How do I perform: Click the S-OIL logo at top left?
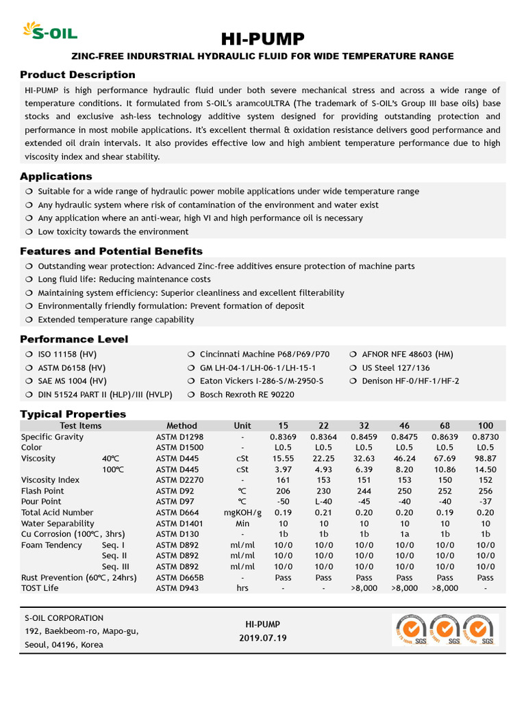coord(49,31)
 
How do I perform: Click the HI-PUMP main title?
coord(263,38)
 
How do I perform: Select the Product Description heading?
coord(77,75)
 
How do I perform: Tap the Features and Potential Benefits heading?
coord(111,251)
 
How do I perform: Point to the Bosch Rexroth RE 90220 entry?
coord(247,394)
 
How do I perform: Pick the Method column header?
coord(181,426)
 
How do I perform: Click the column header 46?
coord(404,426)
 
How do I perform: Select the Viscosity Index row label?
coord(51,480)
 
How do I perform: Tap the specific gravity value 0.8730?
coord(485,437)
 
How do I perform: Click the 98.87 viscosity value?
coord(485,459)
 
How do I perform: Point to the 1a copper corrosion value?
coord(404,534)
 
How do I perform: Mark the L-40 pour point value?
coord(323,502)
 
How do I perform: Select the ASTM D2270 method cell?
coord(180,480)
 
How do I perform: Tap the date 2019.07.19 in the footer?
coord(263,638)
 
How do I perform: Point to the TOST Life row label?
coord(40,588)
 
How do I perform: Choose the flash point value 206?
coord(283,491)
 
